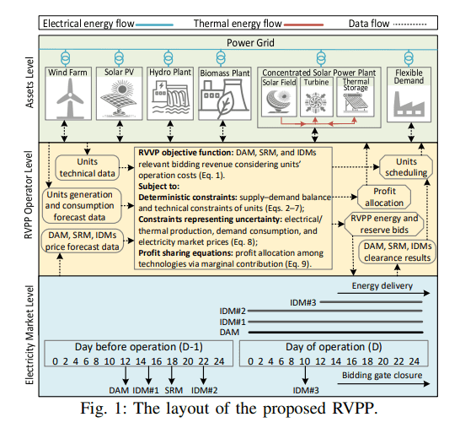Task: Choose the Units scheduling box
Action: (x=406, y=166)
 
